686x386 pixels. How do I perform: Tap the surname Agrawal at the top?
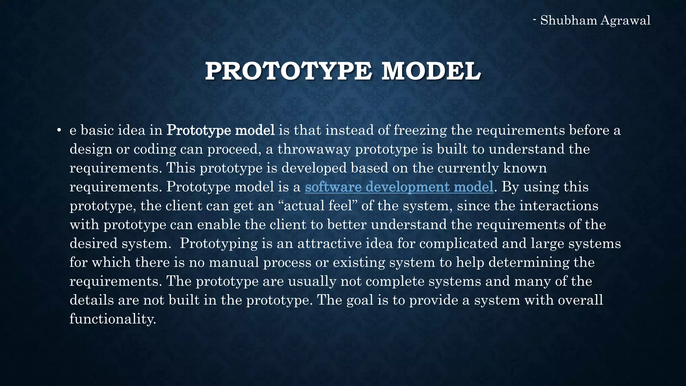pos(625,20)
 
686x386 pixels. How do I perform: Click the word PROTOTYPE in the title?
pos(288,71)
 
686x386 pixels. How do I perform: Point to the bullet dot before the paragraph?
pos(59,130)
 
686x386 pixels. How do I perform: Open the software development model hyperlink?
pos(399,187)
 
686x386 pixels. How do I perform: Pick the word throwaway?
pos(314,149)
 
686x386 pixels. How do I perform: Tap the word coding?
pos(155,149)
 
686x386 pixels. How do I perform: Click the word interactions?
pos(559,205)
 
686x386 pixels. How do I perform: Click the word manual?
pos(234,262)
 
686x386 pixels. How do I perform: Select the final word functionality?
pos(113,319)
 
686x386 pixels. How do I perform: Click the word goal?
pos(360,300)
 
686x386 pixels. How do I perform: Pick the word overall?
pos(580,300)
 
